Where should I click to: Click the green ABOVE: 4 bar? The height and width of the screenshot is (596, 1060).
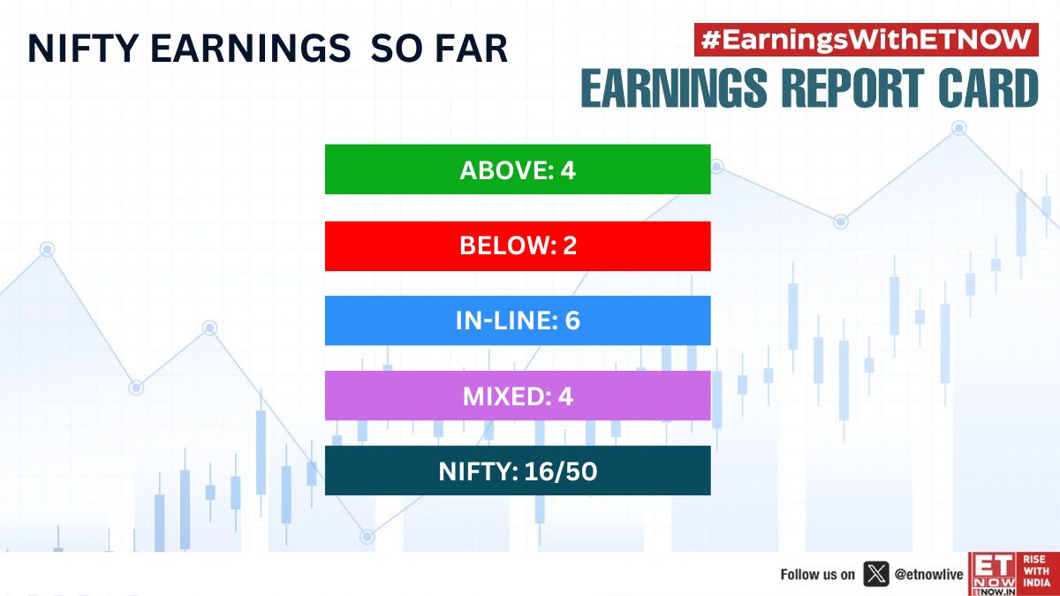pos(518,170)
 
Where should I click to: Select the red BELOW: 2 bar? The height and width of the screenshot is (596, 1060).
pos(518,245)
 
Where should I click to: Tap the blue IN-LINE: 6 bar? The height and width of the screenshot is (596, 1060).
pos(518,321)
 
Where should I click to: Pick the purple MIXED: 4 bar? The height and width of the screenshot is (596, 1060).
pos(518,396)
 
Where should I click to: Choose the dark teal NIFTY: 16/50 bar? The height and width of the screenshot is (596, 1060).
pos(518,471)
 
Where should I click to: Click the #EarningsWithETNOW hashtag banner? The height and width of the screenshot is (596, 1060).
pos(866,40)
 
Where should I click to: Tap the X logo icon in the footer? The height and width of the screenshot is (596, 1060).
pos(875,575)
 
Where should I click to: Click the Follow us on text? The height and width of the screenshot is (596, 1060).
pos(817,575)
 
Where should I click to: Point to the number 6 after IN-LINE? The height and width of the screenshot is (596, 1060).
pos(572,321)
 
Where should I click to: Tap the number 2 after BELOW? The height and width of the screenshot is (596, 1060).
pos(569,246)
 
